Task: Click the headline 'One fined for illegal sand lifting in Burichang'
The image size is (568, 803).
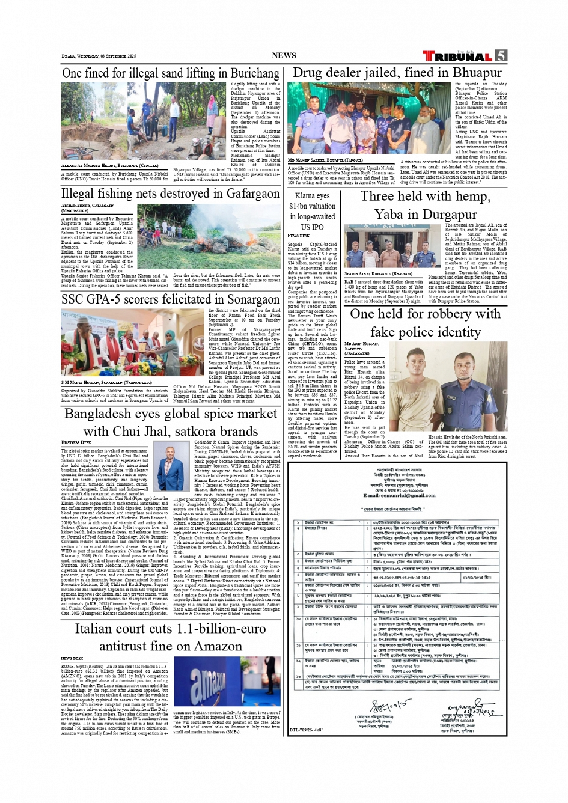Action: [x=171, y=73]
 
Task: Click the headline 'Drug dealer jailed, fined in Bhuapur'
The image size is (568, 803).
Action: [x=397, y=73]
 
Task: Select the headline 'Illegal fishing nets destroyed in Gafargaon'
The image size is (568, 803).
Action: [x=171, y=194]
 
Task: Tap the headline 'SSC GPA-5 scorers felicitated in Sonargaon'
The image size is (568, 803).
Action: [x=171, y=299]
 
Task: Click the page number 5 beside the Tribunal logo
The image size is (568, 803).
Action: [x=501, y=56]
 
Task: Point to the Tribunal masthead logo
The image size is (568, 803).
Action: [x=458, y=56]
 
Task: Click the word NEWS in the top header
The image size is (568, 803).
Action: [x=284, y=55]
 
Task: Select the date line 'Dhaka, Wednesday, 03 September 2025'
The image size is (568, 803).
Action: [x=99, y=56]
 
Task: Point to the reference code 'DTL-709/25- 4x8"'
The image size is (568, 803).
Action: [x=307, y=730]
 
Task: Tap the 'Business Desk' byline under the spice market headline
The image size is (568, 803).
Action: [x=76, y=443]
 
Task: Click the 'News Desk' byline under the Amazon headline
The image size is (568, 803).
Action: [x=72, y=658]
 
